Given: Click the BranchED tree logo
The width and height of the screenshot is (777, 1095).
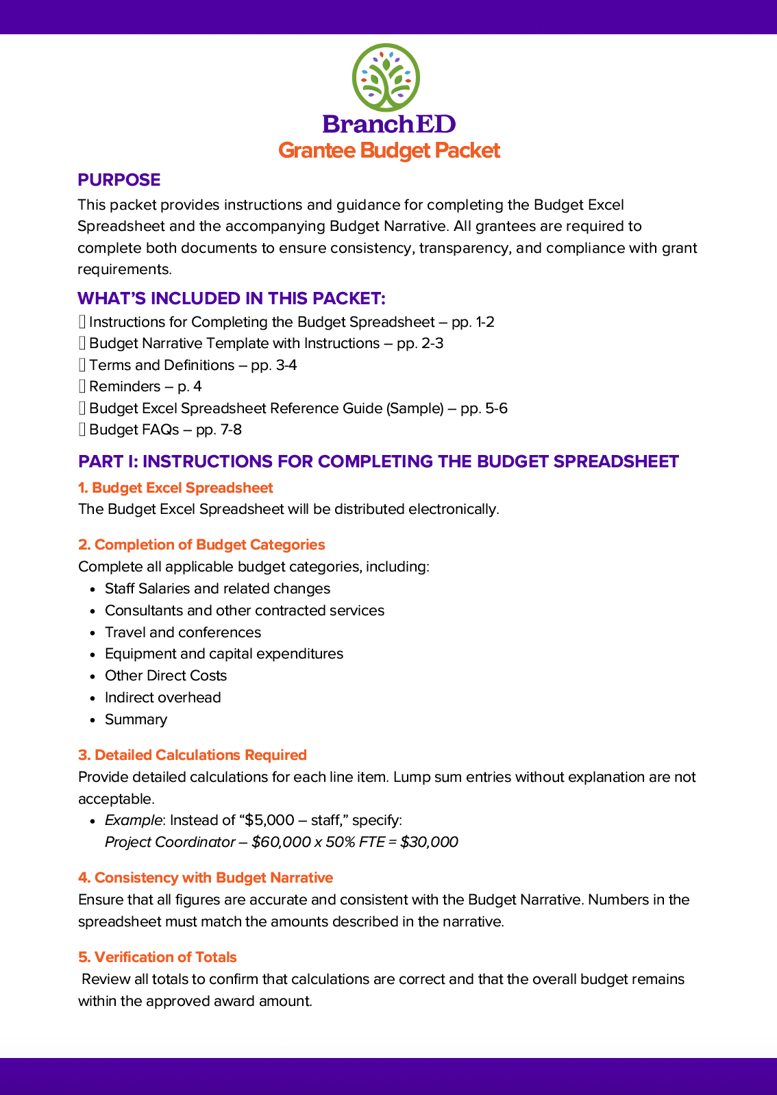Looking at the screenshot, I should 386,77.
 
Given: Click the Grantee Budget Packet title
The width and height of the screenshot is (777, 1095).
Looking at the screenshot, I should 388,151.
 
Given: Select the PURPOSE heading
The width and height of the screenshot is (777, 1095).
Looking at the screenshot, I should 119,180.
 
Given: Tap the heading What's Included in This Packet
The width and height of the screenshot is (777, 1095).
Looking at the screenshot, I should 231,299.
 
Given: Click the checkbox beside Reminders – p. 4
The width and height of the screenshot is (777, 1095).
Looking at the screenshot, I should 82,386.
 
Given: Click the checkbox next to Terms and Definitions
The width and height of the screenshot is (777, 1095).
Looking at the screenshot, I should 82,365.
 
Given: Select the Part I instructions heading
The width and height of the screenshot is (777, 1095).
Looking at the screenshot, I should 378,462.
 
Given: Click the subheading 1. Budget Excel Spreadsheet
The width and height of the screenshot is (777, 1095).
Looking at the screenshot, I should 175,488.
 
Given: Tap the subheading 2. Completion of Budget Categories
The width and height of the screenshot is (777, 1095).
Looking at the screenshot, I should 201,545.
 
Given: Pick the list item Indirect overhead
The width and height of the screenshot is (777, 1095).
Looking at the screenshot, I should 162,698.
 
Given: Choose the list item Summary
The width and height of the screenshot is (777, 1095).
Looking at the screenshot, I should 136,719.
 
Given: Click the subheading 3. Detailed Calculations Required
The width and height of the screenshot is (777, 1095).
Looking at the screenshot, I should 192,755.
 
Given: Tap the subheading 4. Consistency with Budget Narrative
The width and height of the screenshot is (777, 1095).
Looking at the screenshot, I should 206,878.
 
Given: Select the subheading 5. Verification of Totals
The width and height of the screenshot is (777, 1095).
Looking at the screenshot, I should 158,957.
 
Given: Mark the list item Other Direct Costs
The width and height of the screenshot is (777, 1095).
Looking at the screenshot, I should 165,676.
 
